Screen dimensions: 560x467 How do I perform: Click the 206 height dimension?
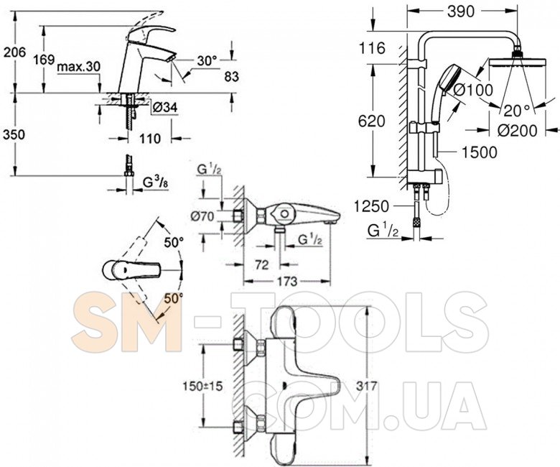coord(14,52)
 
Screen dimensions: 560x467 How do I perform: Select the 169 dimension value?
coord(44,60)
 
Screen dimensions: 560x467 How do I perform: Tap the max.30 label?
coord(79,67)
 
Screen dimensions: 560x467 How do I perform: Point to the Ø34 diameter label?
coord(165,108)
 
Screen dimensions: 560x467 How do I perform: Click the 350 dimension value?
coord(14,134)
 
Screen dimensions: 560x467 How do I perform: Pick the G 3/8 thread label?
coord(156,182)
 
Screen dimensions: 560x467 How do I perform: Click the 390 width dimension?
coord(461,11)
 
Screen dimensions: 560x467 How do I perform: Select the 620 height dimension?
coord(371,121)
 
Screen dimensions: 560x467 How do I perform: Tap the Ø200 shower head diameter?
coord(517,131)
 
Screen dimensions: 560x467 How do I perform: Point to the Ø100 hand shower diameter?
coord(473,90)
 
